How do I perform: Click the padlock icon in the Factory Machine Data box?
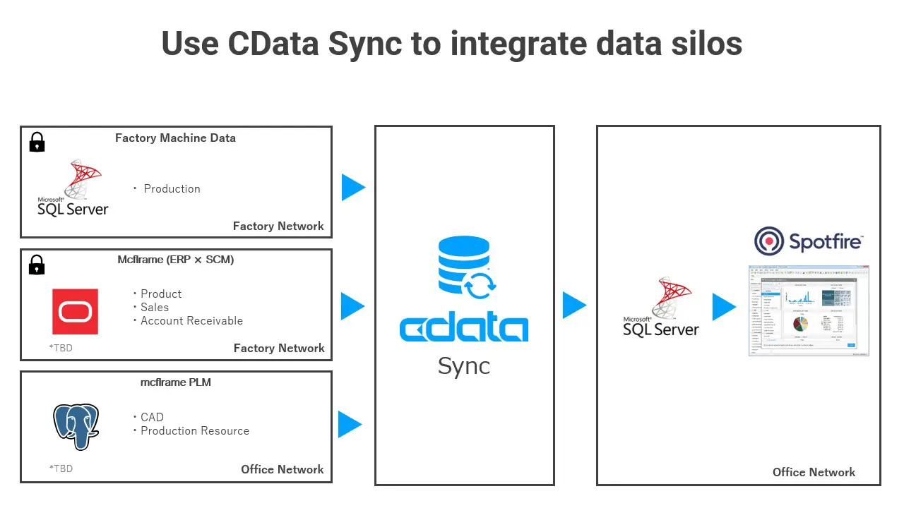37,142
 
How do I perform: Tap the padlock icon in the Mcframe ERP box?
37,265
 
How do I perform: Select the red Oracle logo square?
75,311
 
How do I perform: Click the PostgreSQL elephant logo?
76,426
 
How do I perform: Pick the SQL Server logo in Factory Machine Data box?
73,189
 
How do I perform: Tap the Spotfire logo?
809,241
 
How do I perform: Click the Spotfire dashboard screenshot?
809,310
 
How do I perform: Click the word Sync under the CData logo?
463,365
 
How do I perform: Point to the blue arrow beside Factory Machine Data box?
353,188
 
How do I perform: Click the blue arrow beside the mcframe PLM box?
350,425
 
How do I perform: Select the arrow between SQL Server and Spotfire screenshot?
724,307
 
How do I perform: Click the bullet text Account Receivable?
191,321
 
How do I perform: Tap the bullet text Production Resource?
194,431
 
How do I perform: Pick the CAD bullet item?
152,417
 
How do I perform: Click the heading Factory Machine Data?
175,138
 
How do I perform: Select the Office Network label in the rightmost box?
814,472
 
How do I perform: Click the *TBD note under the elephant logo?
61,468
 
